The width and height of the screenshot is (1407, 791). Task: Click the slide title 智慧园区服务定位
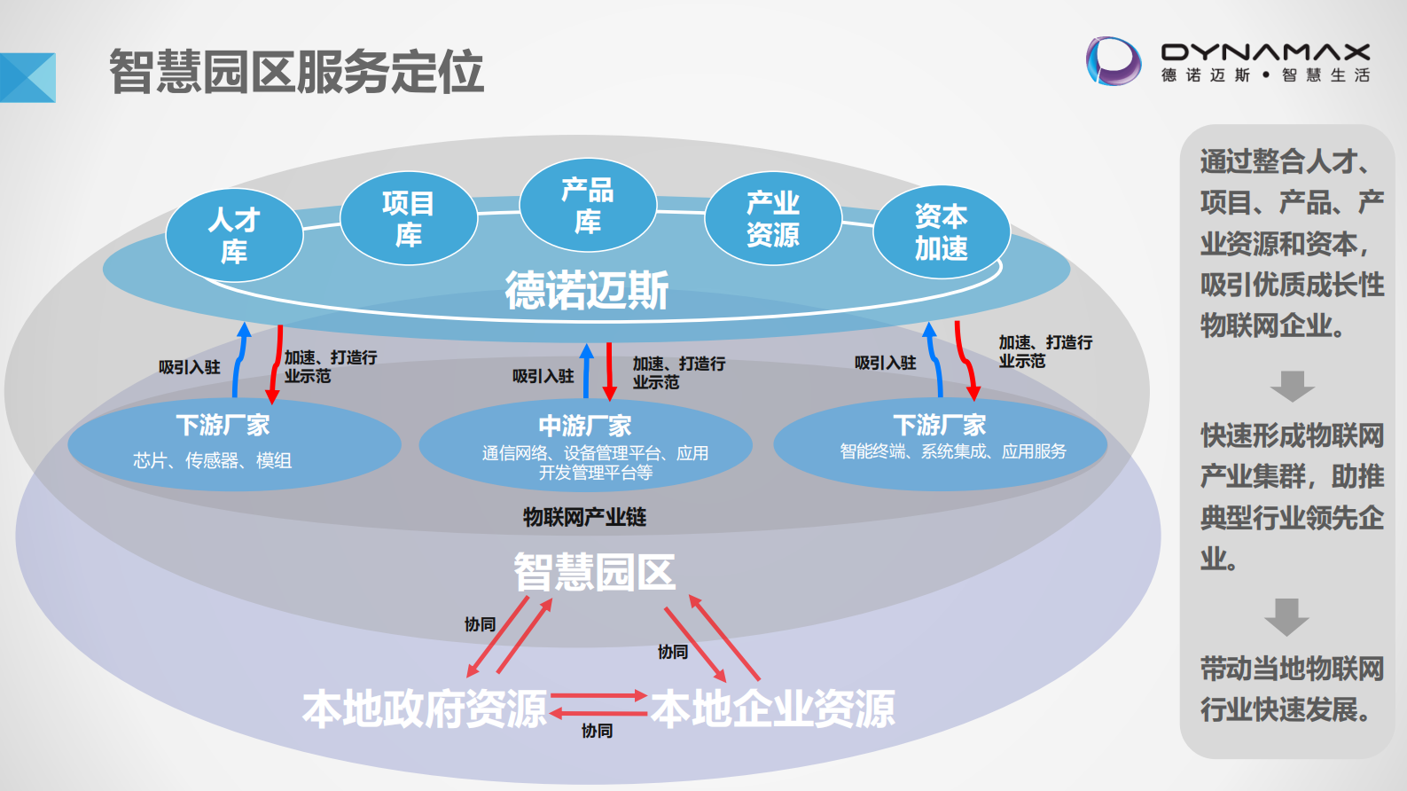296,72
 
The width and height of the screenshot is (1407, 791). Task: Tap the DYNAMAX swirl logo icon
1114,61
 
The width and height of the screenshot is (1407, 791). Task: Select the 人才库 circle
234,235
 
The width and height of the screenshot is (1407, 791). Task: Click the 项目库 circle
409,218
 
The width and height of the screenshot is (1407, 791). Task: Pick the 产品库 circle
588,206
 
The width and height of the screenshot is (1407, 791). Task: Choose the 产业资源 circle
772,218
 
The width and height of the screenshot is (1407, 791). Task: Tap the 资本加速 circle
941,232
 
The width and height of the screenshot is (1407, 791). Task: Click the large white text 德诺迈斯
587,290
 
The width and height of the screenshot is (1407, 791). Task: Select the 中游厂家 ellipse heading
585,426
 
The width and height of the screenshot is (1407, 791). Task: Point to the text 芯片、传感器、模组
212,460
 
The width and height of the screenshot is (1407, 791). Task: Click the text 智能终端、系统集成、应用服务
953,451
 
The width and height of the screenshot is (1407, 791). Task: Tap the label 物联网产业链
584,517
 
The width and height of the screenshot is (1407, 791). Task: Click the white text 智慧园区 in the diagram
594,572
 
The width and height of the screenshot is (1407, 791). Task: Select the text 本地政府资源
425,709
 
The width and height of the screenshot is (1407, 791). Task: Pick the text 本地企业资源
773,709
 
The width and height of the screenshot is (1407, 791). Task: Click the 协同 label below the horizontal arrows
597,731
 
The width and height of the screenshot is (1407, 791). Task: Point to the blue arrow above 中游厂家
586,371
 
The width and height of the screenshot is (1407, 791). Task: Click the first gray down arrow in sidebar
1292,387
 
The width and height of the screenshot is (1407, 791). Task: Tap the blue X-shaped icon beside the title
27,78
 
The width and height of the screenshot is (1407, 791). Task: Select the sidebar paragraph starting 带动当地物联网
1291,689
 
